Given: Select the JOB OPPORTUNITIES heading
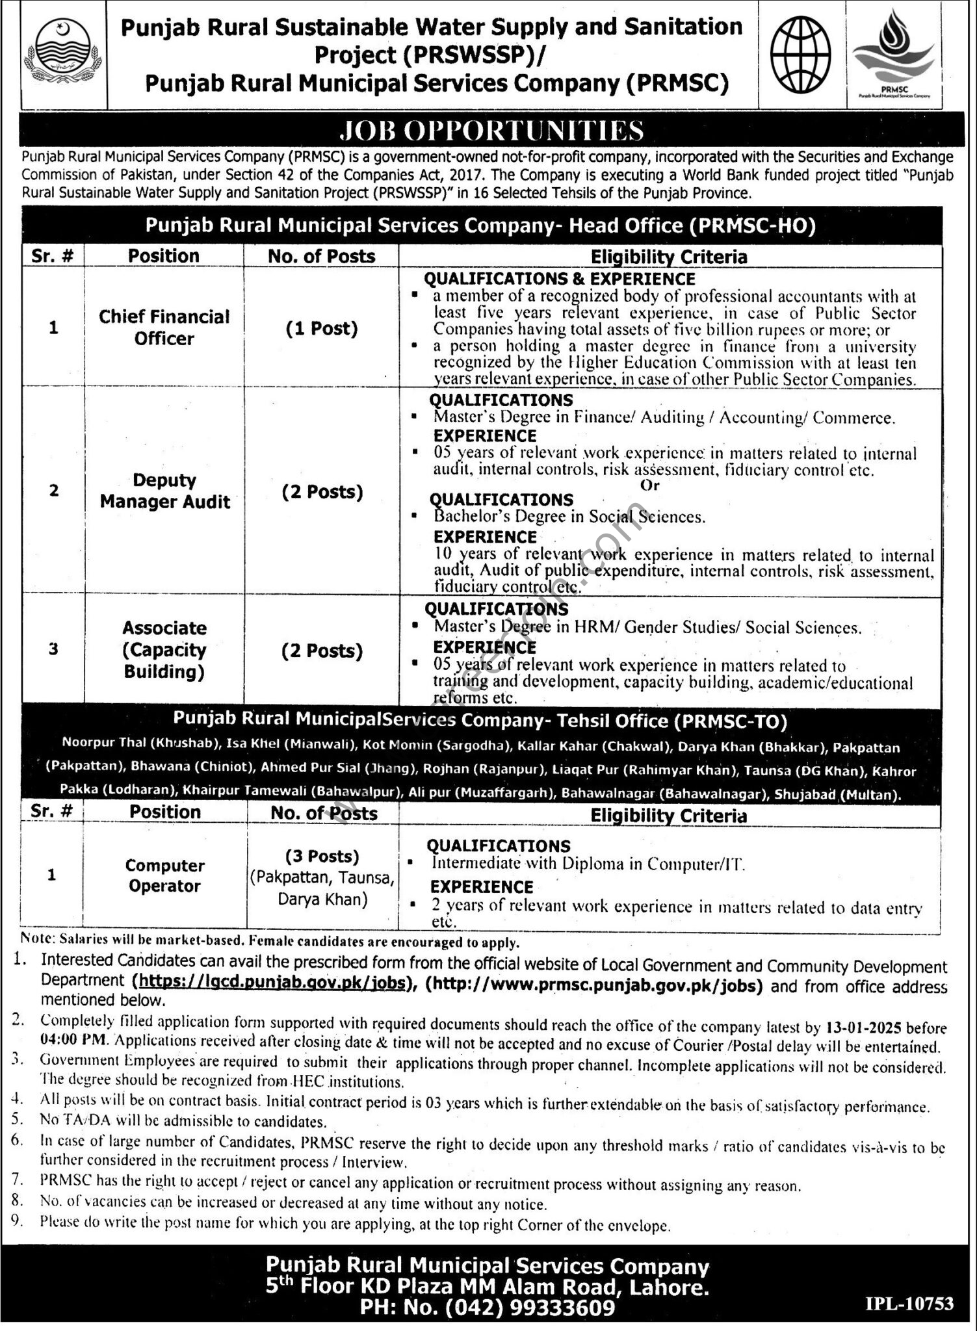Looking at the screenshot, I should [491, 130].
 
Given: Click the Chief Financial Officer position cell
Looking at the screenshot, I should [164, 328].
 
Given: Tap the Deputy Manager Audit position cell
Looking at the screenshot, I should [165, 491].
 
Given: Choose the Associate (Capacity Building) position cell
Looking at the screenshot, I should [164, 649].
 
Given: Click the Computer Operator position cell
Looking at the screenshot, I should [164, 875].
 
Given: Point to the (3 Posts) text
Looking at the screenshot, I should [322, 856].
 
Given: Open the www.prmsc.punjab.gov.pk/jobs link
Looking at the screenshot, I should [593, 985].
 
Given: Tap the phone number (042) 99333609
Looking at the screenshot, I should [540, 1308].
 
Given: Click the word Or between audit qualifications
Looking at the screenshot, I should [650, 485].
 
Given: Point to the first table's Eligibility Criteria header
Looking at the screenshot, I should [669, 257].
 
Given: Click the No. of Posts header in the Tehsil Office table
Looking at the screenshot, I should [323, 813].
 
